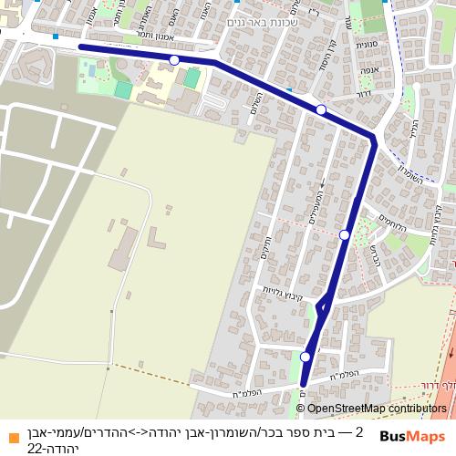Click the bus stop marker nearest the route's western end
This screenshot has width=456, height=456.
pos(174,60)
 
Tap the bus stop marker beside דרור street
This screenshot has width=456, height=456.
pos(321,110)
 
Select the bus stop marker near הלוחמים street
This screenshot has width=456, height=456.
pos(345,235)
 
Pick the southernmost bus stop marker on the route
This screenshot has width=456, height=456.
pos(306,357)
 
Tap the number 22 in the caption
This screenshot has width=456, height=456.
pos(35,448)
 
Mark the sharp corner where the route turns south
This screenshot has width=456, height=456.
pos(373,139)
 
